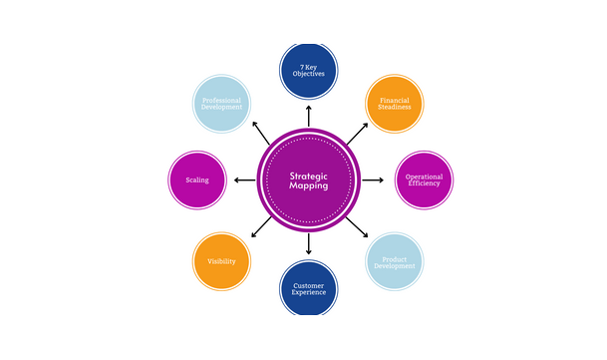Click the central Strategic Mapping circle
coord(308,180)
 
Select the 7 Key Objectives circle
coord(308,71)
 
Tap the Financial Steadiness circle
coord(395,103)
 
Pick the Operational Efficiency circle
coord(425,180)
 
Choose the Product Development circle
coord(395,261)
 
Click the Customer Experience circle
coord(308,289)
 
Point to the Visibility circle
coord(221,261)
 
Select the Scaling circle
coord(197,180)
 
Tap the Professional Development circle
coord(221,103)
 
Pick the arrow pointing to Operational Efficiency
coord(372,180)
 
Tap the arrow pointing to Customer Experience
coord(308,243)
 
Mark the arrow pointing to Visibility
coord(261,227)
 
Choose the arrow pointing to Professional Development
coord(261,132)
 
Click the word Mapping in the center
coord(308,186)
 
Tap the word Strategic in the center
coord(308,174)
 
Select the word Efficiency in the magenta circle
coord(425,184)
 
